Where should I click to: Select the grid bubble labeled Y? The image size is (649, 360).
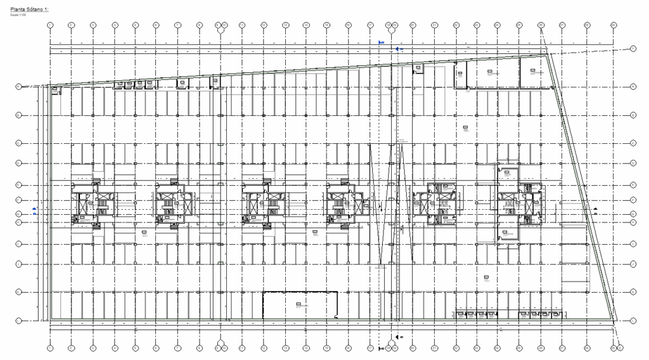tap(633, 48)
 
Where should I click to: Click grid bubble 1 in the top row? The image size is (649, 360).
tap(50, 25)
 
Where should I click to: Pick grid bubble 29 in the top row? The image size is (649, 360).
tap(613, 25)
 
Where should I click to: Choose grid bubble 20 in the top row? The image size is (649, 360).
tap(413, 25)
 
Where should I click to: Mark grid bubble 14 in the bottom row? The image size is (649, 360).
tap(306, 347)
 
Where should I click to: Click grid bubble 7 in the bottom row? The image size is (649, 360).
tap(178, 347)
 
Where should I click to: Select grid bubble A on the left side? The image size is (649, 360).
tap(18, 86)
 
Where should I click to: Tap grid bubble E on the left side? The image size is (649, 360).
tap(18, 184)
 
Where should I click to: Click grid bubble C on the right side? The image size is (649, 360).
tap(633, 143)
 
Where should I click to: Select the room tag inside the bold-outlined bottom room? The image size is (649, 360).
tap(298, 305)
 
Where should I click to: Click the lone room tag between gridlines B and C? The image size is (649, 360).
tap(465, 129)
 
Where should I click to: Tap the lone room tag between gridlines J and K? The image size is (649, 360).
tap(486, 277)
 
